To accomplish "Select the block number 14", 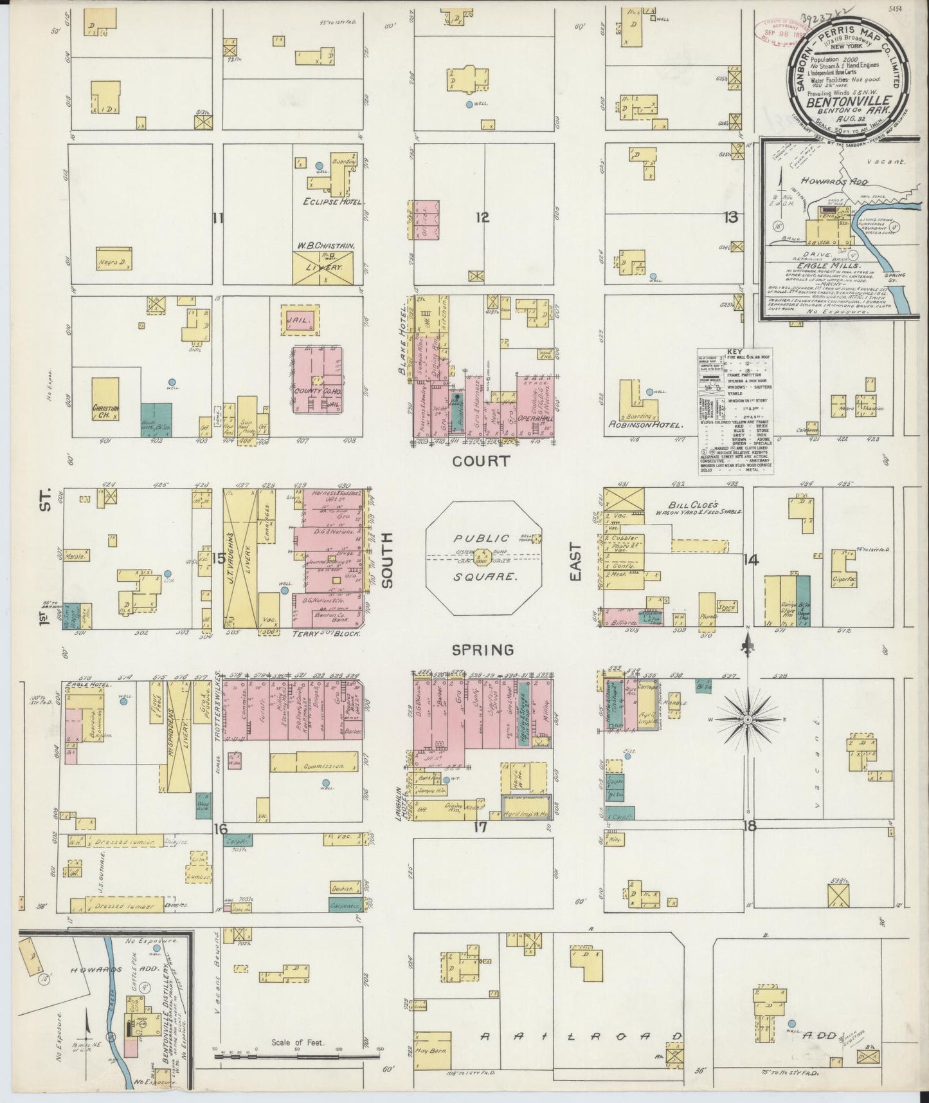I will click(749, 560).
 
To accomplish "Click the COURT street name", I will click(481, 461).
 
